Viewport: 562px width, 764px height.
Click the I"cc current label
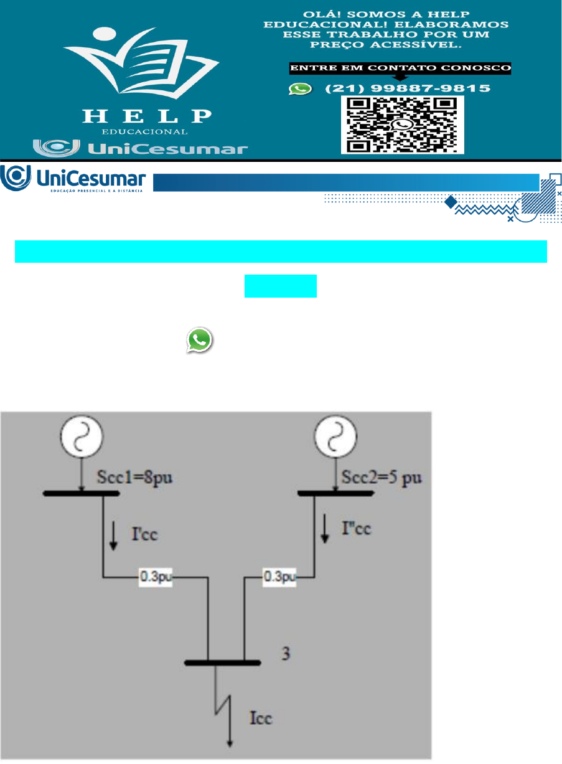point(355,529)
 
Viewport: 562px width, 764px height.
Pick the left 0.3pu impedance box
point(154,577)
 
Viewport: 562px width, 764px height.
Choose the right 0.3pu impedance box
point(279,577)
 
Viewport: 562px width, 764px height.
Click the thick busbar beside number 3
point(223,663)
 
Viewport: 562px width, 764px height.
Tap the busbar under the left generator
point(81,494)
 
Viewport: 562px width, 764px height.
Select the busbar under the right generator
point(336,494)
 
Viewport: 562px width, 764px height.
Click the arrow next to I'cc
point(113,535)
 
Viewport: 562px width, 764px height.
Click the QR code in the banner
point(402,125)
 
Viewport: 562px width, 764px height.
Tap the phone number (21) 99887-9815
point(408,89)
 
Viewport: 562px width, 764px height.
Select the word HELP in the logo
point(147,116)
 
